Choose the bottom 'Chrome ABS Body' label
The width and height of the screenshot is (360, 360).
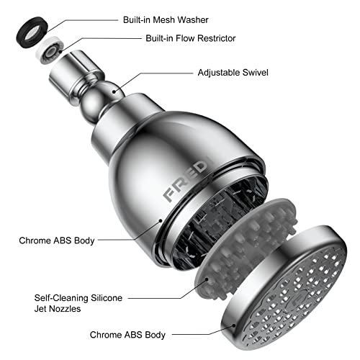(x=128, y=334)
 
